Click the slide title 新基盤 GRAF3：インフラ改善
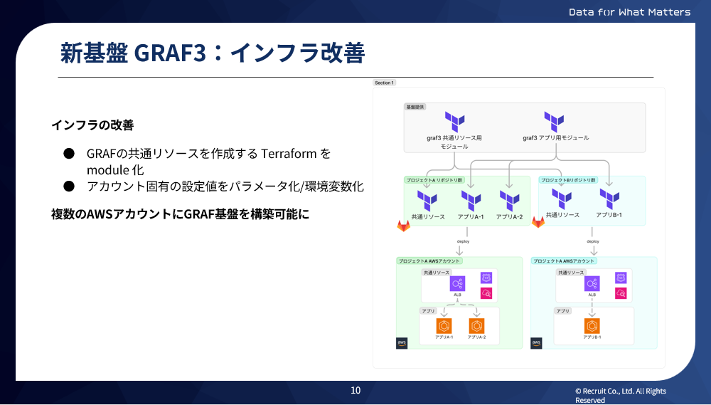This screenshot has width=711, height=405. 212,53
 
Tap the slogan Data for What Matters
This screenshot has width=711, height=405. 629,11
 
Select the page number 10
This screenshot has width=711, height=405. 355,390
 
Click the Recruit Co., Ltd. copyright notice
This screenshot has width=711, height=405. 620,395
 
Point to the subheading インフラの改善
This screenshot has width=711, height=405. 92,125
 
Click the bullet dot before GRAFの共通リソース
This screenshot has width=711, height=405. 69,154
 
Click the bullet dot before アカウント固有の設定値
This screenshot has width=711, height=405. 69,186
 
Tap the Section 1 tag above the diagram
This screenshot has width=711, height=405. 384,83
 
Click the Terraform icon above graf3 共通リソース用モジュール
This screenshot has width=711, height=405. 454,121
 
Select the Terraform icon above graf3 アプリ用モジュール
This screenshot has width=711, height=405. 555,121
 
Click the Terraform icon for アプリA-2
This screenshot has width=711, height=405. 509,200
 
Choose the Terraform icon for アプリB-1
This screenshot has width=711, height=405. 609,199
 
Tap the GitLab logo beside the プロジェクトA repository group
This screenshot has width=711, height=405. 403,225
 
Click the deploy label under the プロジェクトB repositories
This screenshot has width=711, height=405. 593,241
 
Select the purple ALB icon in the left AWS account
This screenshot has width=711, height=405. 457,283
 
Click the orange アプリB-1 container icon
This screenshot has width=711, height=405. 592,326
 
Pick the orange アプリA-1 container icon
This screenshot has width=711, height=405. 444,326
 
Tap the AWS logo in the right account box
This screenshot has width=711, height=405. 537,343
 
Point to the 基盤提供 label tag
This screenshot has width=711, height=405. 414,106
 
